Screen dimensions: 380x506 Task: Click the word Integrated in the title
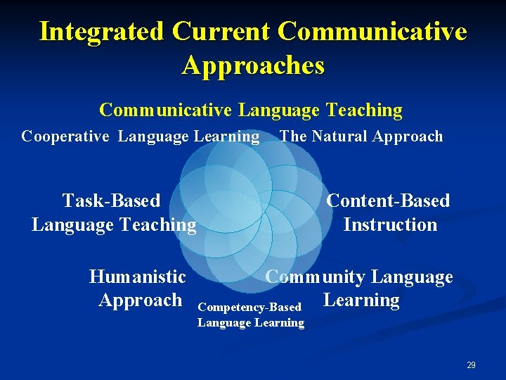tap(101, 32)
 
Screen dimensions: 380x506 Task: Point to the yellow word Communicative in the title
tap(372, 32)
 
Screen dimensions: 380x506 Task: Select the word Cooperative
tap(65, 137)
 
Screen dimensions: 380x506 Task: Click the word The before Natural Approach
tap(293, 137)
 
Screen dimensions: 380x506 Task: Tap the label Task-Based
tap(111, 201)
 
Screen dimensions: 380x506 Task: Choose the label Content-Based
tap(388, 201)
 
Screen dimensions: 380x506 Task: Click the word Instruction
tap(390, 225)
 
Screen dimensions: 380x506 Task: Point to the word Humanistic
tap(138, 277)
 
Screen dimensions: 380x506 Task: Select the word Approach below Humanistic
tap(141, 300)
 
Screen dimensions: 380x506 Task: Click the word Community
tap(316, 277)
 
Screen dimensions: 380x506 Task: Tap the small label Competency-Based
tap(250, 308)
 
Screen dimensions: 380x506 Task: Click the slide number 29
tap(471, 365)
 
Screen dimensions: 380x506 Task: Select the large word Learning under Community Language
tap(361, 300)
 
